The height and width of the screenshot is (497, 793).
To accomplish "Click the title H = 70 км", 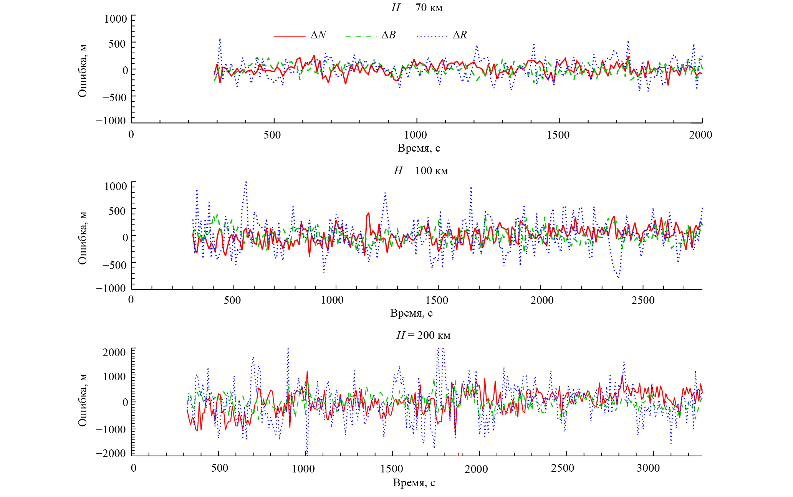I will click(x=417, y=7).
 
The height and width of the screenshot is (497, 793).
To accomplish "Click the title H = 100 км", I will click(x=421, y=170).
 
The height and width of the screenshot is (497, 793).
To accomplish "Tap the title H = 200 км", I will click(x=423, y=335).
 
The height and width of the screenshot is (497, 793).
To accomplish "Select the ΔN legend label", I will click(x=318, y=35).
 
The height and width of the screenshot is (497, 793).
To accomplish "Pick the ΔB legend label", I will click(x=388, y=35).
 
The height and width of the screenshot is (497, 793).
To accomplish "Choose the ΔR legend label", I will click(x=460, y=35).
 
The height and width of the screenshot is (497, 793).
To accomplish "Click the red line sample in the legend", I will click(x=290, y=36).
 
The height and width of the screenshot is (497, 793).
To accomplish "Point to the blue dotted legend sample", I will click(x=432, y=36).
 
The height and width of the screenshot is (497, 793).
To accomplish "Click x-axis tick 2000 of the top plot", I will click(x=700, y=135).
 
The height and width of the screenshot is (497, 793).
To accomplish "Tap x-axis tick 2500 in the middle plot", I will click(x=643, y=300).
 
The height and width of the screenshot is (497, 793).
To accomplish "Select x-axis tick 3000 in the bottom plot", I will click(x=649, y=468).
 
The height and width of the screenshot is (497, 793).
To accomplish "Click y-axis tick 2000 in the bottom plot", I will click(x=114, y=352).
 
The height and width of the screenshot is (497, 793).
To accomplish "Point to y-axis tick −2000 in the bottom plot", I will click(x=111, y=453).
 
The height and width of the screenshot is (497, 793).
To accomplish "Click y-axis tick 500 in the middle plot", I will click(x=117, y=211).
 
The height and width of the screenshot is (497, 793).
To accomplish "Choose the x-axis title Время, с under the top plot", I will click(x=419, y=148).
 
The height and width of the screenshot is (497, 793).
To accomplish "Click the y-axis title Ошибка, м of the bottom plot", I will click(x=83, y=400).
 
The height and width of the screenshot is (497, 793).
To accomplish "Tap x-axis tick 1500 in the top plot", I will click(x=558, y=135).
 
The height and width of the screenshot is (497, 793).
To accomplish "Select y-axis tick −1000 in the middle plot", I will click(x=111, y=288).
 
